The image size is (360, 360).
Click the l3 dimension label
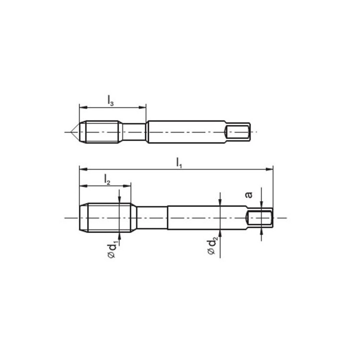tap(110, 100)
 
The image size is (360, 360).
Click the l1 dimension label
tap(179, 163)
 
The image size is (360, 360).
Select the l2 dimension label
tap(107, 179)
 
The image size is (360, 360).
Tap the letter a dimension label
tap(249, 194)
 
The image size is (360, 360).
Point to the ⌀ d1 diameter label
tap(113, 248)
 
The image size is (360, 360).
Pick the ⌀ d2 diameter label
tap(212, 247)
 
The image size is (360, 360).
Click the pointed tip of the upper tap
tap(71, 132)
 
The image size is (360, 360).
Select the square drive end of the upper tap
tap(237, 132)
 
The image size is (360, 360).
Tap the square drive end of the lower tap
tap(259, 218)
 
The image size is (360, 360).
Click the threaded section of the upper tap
tap(101, 132)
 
